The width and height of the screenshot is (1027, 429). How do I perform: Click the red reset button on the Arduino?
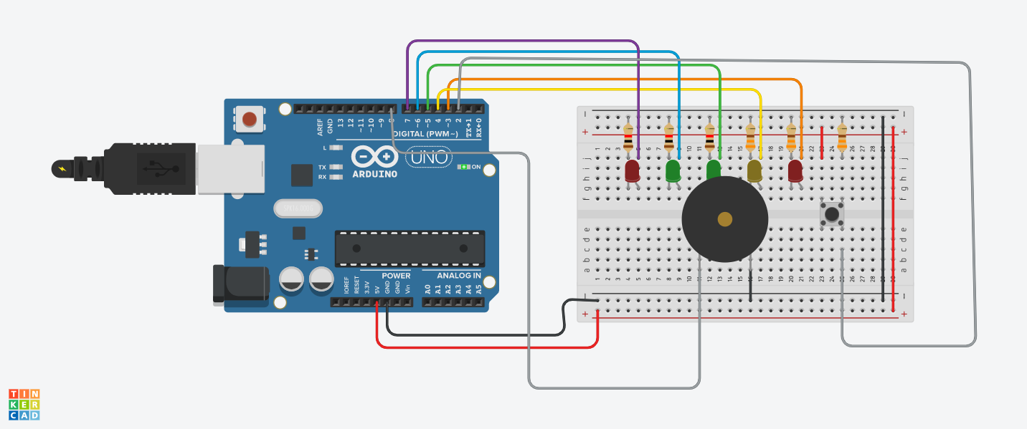[250, 119]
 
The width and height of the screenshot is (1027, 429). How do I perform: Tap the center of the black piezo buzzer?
[724, 219]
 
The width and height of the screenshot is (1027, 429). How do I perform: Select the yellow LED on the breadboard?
[754, 170]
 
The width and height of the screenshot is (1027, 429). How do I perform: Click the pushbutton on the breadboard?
[832, 213]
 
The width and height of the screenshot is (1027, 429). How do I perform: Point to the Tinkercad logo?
[24, 405]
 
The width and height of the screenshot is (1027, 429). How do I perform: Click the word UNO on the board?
[430, 157]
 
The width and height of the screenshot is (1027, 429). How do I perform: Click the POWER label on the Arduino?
[396, 276]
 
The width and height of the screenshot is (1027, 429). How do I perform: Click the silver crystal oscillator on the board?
[298, 208]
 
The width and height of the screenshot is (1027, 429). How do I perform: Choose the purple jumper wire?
[524, 42]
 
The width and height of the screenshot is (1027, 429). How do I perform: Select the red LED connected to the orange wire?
[795, 170]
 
